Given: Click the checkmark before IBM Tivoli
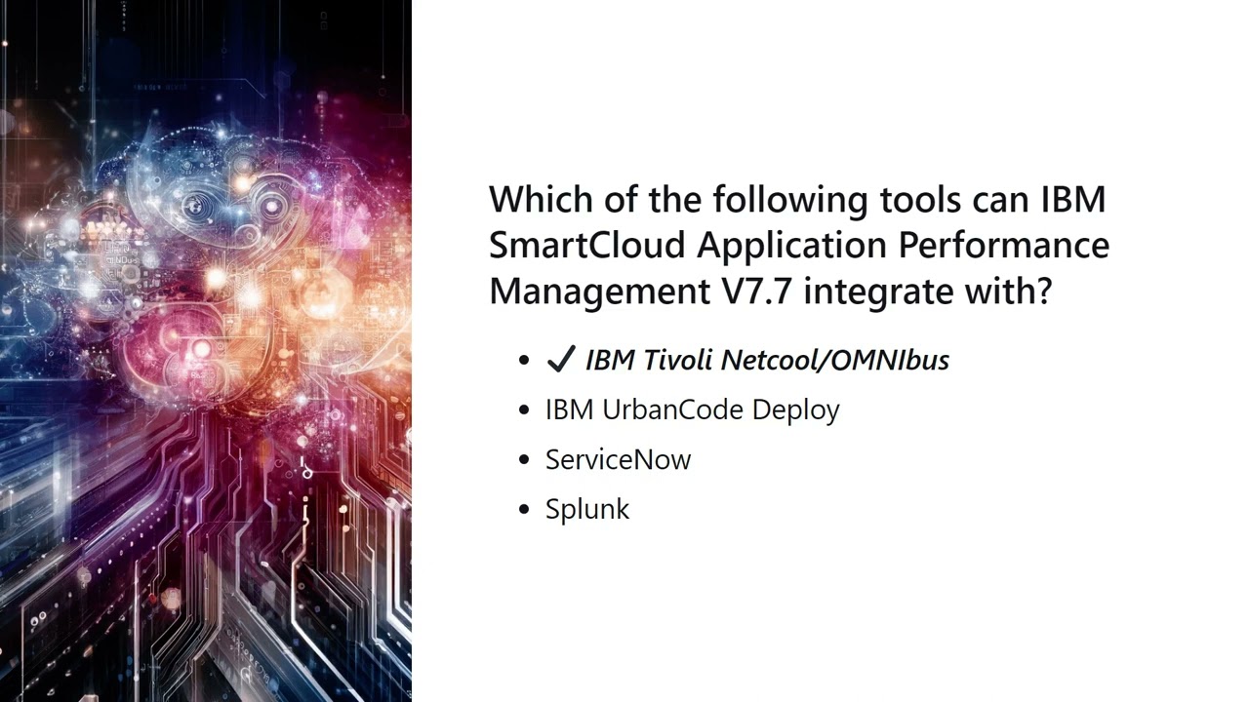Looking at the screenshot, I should [x=561, y=360].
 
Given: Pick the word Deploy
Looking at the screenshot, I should [x=801, y=410].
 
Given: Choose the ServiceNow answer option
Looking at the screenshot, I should [x=618, y=459].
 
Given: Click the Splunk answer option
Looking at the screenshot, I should [x=587, y=509].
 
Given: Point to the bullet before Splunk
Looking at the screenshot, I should [x=525, y=510].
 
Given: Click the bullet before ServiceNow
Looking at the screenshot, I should [x=525, y=460].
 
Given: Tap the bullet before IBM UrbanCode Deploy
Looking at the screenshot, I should [x=525, y=410].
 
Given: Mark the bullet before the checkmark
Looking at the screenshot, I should [x=525, y=361].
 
